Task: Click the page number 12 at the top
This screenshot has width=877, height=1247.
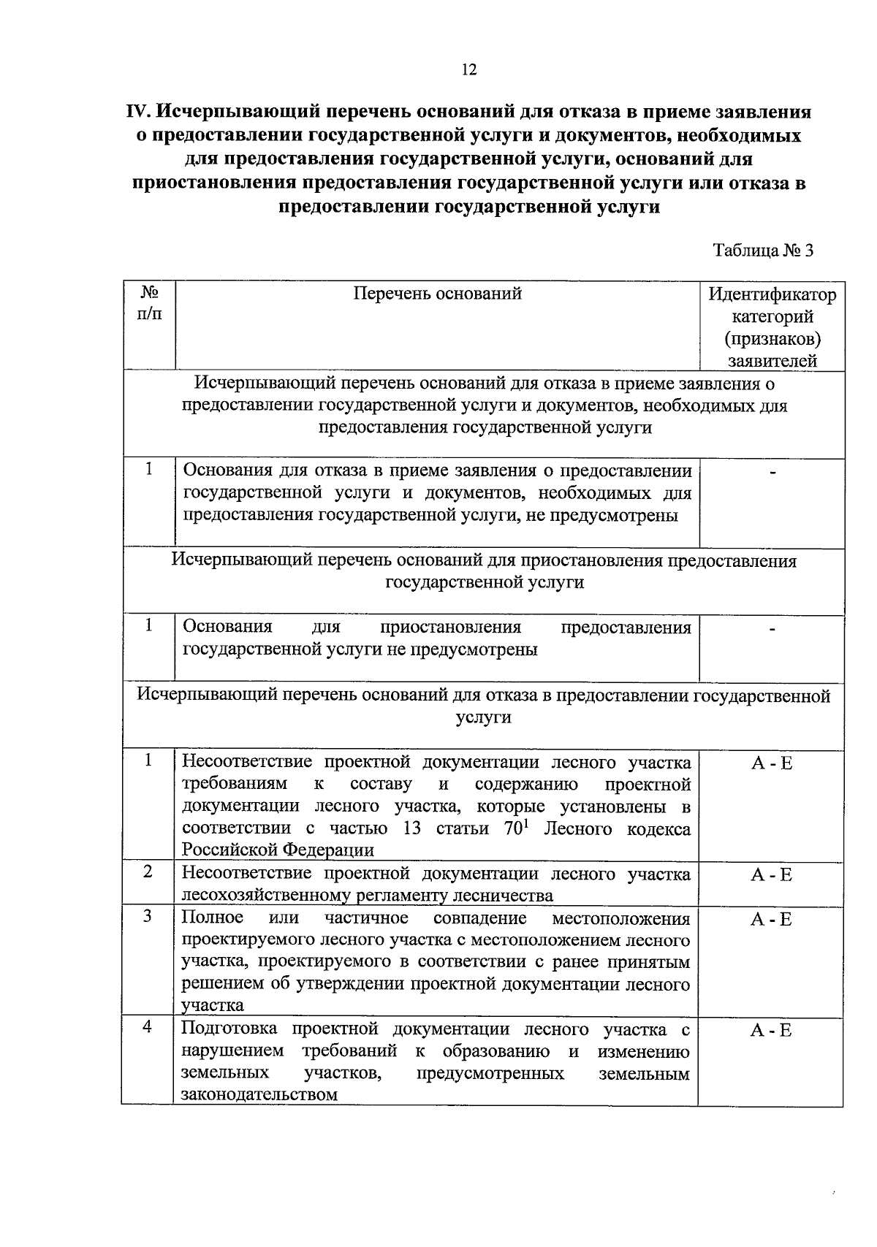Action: (x=468, y=69)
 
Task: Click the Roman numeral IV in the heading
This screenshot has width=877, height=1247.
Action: (x=137, y=112)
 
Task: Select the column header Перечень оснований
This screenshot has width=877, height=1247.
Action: (x=437, y=294)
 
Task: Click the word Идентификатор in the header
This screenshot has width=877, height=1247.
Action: (x=772, y=295)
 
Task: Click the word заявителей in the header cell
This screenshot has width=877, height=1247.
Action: (x=772, y=360)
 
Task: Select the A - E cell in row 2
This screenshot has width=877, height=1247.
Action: (x=771, y=874)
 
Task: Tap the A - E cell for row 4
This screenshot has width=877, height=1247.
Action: (x=771, y=1031)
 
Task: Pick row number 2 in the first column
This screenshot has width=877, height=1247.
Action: (x=148, y=872)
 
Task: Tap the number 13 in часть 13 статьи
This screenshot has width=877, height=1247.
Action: (x=412, y=829)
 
